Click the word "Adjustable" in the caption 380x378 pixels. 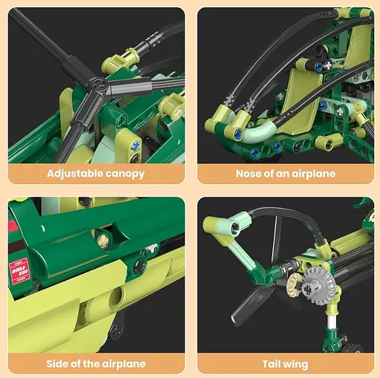click(75, 174)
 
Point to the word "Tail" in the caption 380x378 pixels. click(272, 364)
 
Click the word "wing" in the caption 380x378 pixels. click(295, 365)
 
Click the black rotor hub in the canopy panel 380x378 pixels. click(99, 84)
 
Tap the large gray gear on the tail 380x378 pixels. click(317, 284)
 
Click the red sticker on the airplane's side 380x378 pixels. click(19, 270)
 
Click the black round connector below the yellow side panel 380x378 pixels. click(117, 330)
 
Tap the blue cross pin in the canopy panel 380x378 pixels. click(135, 146)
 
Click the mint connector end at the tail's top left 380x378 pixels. click(235, 227)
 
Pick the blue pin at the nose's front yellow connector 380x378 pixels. click(239, 134)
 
